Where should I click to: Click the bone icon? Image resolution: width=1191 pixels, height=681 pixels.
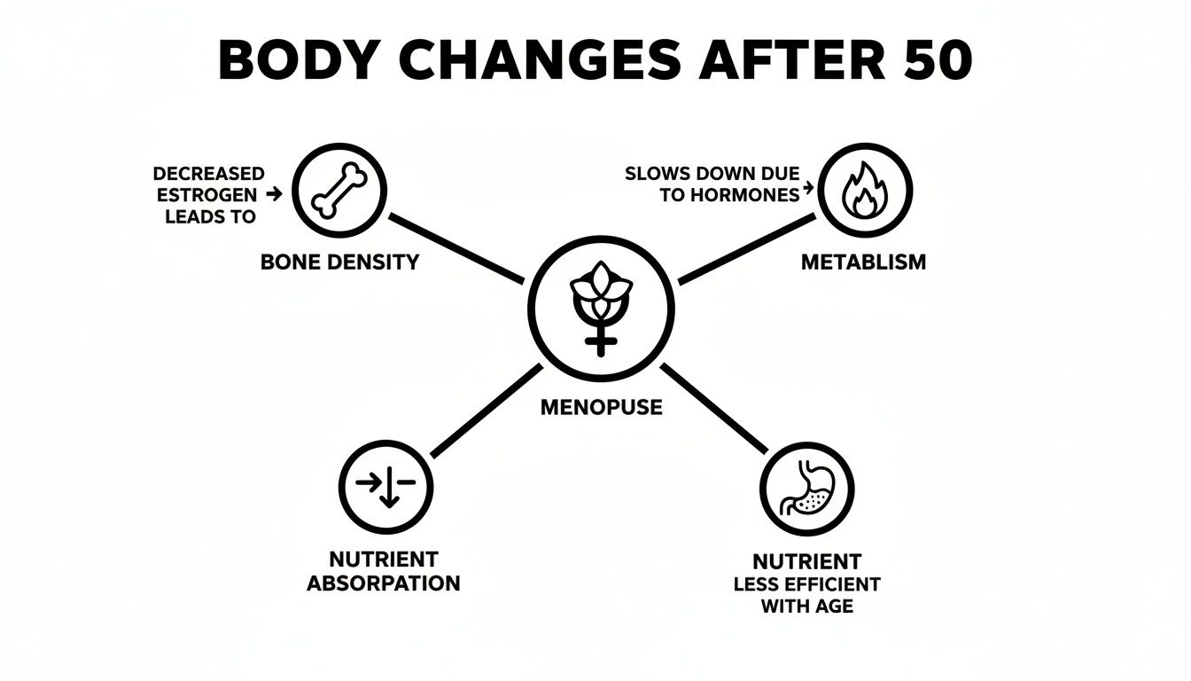pos(339,191)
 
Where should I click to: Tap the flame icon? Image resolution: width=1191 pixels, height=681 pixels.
pos(865,190)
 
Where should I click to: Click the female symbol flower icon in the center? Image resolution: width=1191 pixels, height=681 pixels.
pos(601,309)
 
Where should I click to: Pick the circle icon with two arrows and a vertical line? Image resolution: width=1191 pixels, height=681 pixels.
pos(386,486)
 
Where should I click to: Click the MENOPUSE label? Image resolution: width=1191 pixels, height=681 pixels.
pos(602,408)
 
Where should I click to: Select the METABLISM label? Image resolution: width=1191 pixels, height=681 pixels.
pos(863,262)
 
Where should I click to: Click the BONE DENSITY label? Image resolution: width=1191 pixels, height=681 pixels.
pos(339,262)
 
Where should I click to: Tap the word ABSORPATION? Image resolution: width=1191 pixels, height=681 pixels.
pos(384,583)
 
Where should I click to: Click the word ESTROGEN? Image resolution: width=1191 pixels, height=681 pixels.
pos(206,195)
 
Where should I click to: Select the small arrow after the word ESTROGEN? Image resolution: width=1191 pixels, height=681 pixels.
pos(274,194)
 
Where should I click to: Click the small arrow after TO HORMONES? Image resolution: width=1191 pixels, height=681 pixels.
pos(808,188)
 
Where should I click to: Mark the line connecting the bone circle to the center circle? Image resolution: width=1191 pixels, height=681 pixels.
pos(456,248)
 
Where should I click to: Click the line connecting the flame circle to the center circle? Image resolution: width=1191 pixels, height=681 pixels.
pos(746,249)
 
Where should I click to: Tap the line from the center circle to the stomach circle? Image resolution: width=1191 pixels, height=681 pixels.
pos(714,409)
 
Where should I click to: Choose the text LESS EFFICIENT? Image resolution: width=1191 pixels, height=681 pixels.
pos(806,584)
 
